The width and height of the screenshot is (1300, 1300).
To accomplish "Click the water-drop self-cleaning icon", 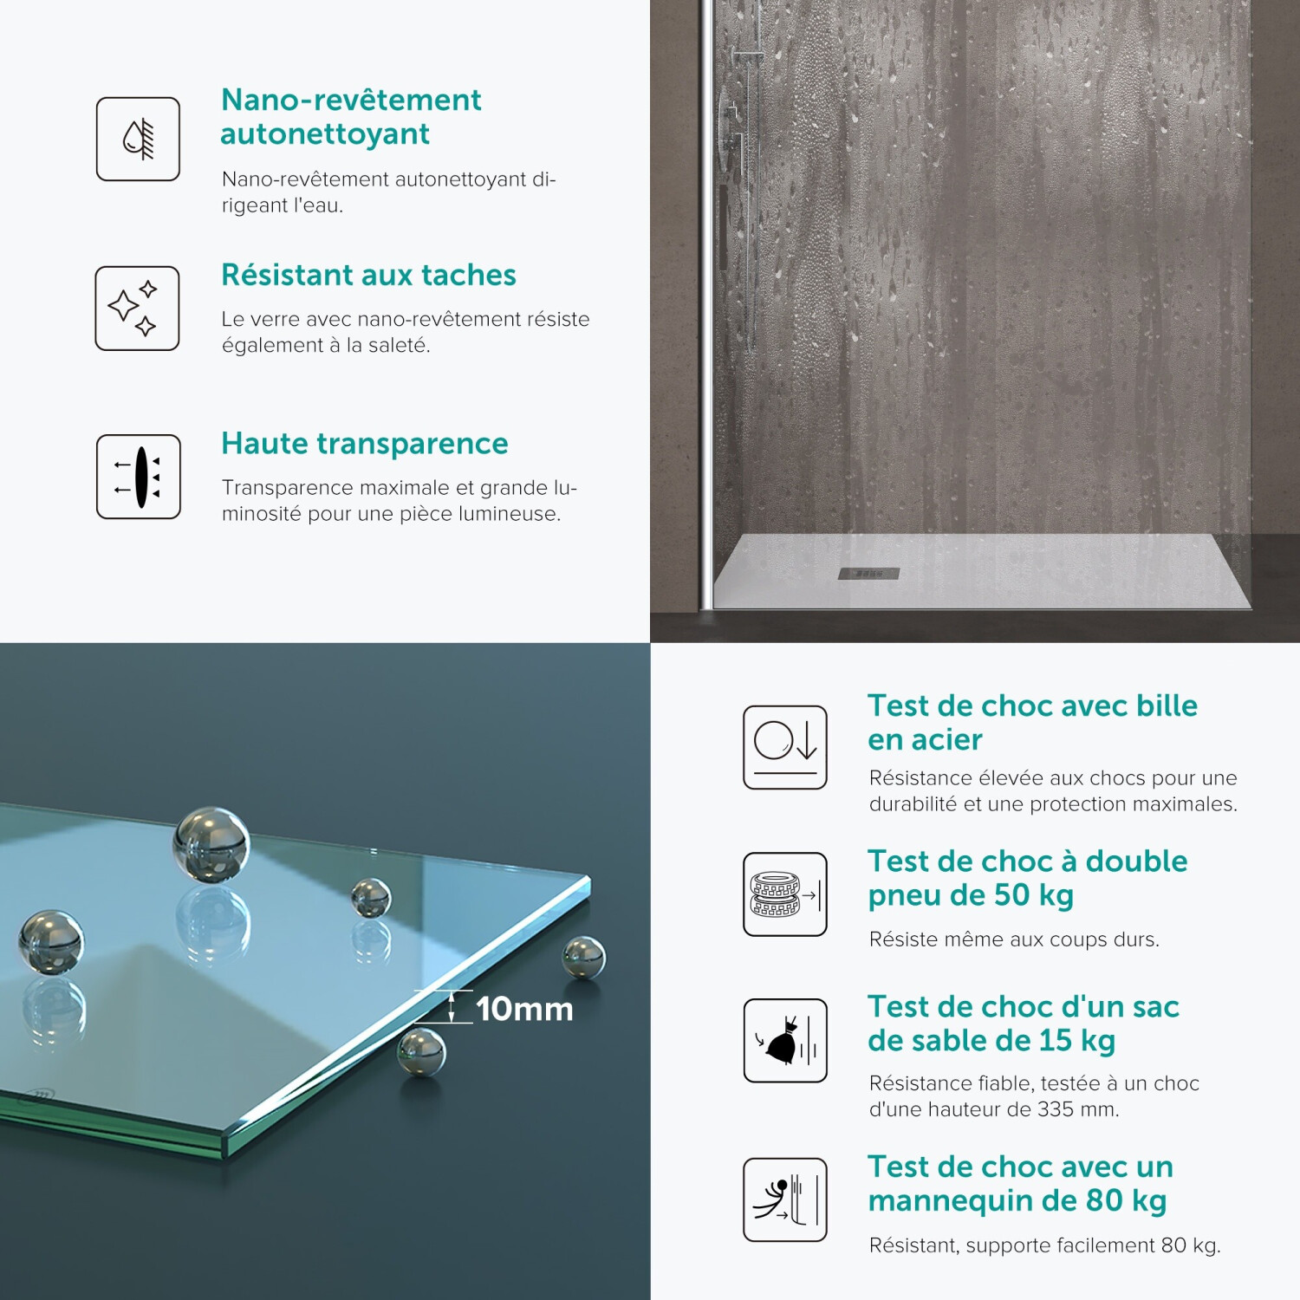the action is coord(138,139).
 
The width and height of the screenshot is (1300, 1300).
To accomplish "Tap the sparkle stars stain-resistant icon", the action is coord(137,308).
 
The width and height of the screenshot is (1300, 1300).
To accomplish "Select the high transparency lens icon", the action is coord(139,477).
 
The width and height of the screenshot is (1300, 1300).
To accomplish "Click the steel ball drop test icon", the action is coord(785,747).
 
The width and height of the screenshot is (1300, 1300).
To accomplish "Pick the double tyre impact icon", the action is coord(785,894).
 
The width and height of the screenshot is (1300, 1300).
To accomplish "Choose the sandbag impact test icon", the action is coord(785,1040).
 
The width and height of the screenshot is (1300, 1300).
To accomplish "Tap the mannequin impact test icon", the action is coord(785,1199).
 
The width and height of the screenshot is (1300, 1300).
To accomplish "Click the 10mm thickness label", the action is coord(524,1009).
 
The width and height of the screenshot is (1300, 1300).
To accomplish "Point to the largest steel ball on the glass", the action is coord(211,843).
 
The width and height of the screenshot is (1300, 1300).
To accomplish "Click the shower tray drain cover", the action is coord(868,574).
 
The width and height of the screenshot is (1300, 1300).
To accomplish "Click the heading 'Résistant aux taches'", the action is coord(368,275).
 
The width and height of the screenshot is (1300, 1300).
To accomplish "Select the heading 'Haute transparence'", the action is coord(365,444).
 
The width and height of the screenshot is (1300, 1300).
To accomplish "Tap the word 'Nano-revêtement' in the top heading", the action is coord(351,100).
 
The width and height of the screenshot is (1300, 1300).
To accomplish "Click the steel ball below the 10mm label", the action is coord(421,1051).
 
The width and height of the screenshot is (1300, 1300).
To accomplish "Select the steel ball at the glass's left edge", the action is coord(51,942).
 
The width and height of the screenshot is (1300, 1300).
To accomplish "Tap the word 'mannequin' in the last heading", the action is coord(952,1202).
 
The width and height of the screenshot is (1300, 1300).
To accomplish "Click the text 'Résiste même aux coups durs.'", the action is coord(1014,939).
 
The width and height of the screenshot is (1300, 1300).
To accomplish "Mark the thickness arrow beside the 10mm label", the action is coord(452,1006).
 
